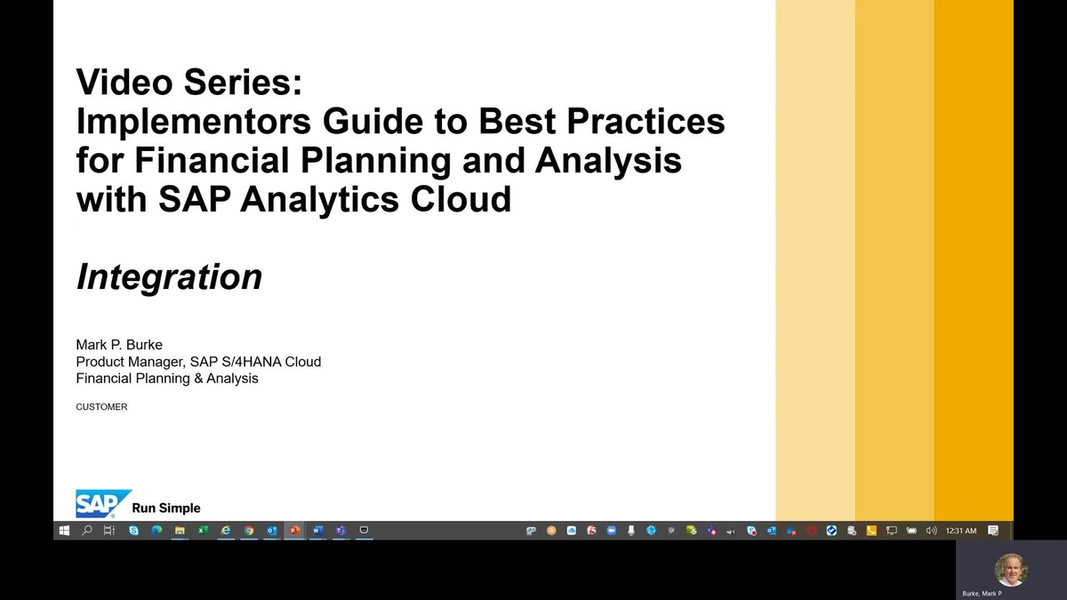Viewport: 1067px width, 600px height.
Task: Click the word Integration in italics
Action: click(169, 277)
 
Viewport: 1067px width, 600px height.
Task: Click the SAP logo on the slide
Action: click(103, 503)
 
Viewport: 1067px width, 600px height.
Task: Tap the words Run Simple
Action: click(166, 508)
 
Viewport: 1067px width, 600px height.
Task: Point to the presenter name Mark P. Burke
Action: click(119, 344)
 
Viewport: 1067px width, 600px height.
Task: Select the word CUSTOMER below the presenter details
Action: click(101, 407)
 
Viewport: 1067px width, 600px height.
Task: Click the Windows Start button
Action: click(64, 531)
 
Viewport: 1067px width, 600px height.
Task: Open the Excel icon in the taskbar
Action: click(203, 530)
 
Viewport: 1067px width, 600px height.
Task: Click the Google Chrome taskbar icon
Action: click(249, 530)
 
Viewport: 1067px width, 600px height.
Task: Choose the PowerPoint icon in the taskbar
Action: click(294, 530)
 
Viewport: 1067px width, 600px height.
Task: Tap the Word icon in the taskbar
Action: click(317, 530)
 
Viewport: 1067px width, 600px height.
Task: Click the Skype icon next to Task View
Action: click(134, 530)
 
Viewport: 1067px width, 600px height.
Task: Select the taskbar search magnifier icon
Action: click(87, 530)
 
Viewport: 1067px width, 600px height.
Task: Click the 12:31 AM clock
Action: click(961, 531)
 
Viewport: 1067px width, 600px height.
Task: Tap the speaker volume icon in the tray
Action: click(931, 531)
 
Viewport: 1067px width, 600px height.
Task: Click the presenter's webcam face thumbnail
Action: click(1011, 570)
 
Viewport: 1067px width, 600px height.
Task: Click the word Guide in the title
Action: click(373, 121)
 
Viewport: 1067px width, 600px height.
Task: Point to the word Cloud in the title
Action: click(461, 198)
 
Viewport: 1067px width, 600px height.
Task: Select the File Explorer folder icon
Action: click(180, 530)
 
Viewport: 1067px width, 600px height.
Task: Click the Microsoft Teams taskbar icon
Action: click(341, 530)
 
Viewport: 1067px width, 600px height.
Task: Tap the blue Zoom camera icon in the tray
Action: click(611, 531)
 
